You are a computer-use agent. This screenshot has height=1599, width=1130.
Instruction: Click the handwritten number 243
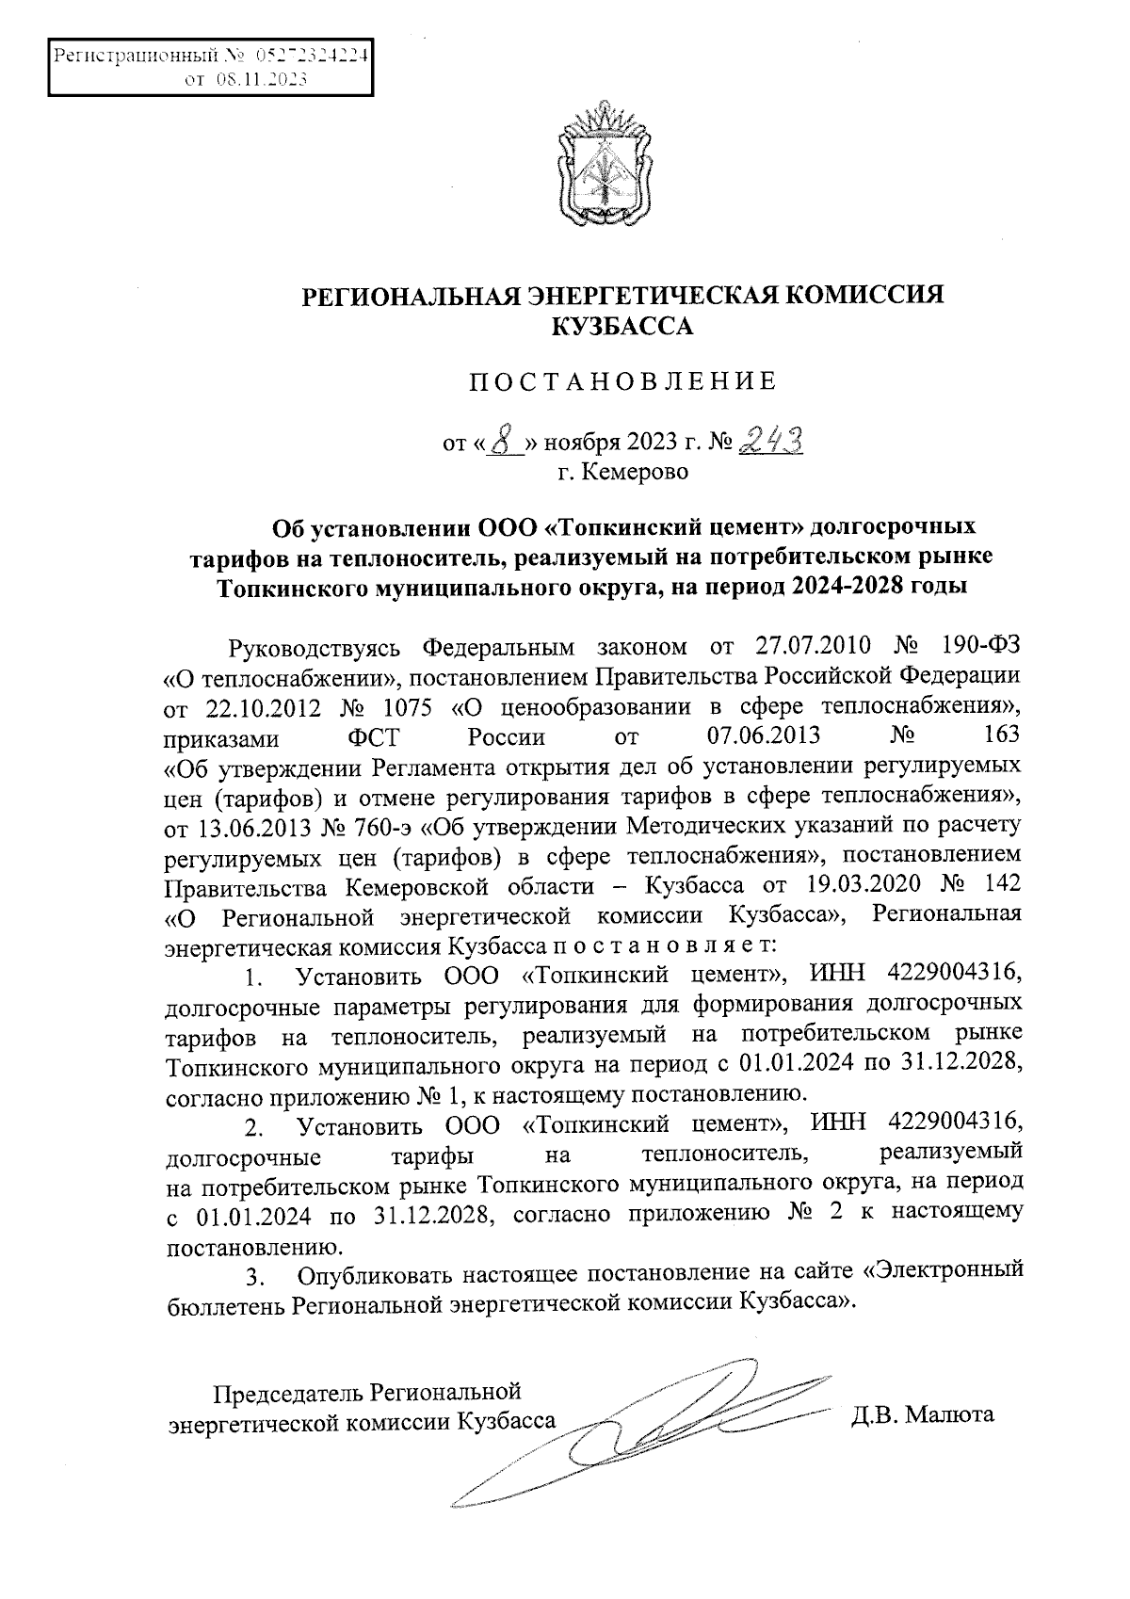[771, 438]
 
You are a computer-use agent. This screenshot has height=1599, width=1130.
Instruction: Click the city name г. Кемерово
[622, 471]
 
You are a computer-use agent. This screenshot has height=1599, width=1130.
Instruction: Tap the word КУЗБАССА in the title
[621, 328]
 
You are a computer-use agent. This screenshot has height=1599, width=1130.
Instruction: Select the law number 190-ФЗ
[980, 649]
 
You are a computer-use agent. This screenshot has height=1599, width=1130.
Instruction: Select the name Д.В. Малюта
[923, 1415]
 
